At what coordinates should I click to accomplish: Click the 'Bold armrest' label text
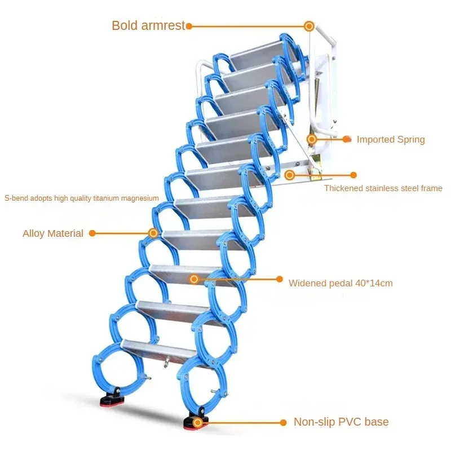tap(148, 25)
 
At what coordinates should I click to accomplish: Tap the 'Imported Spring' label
tap(391, 139)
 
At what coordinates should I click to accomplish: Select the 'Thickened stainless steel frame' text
tap(383, 188)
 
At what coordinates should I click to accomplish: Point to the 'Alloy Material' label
tap(53, 233)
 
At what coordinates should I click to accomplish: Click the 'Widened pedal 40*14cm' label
tap(341, 283)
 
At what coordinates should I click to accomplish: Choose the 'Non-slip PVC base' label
tap(341, 422)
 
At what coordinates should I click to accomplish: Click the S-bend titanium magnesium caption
tap(82, 198)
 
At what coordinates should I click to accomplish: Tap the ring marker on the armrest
tap(309, 26)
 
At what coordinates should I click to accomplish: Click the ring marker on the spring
tap(312, 139)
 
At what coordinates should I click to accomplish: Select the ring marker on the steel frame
tap(290, 175)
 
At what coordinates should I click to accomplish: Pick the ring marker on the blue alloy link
tap(153, 233)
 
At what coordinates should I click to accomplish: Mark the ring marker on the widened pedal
tap(194, 278)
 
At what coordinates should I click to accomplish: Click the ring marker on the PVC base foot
tap(197, 422)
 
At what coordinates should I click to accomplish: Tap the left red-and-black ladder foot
tap(112, 397)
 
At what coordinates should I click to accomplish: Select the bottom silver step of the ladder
tap(158, 351)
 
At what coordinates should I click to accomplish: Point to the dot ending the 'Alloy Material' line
tap(92, 233)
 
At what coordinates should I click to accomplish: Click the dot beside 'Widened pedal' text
tap(280, 278)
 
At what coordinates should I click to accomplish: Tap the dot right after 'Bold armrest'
tap(189, 26)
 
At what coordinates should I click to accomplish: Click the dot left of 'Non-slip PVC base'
tap(284, 422)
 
